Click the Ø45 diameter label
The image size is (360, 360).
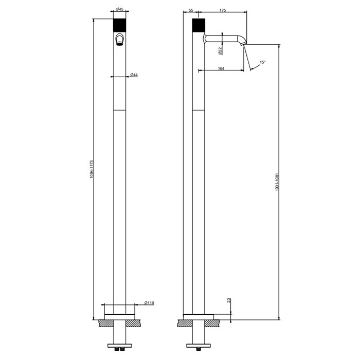[x=119, y=9]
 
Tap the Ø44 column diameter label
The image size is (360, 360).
[x=133, y=75]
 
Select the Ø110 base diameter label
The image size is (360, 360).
[x=149, y=303]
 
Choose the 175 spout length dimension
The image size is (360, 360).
[x=223, y=9]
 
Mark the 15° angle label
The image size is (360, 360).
[x=262, y=62]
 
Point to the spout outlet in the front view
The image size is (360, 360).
[x=119, y=41]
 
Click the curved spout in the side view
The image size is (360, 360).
[x=226, y=38]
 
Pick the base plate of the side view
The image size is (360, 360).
[x=199, y=316]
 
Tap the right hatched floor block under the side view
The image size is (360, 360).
[x=213, y=323]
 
